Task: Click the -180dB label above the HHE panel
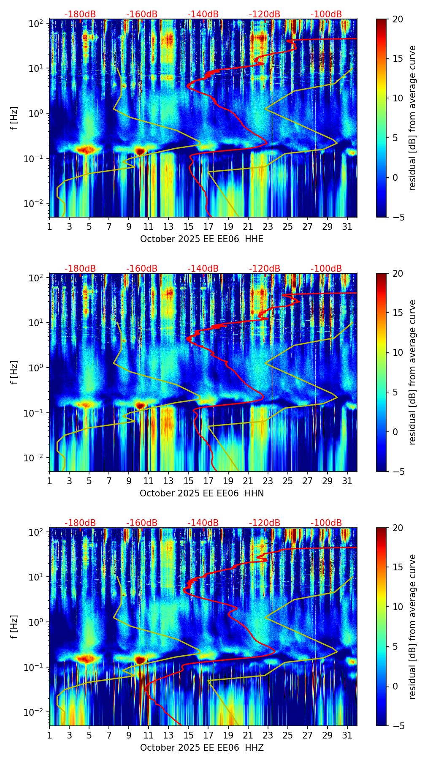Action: point(80,14)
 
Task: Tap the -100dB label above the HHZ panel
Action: point(326,523)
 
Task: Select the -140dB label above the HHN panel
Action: point(203,269)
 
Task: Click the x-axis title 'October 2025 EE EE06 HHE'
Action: point(201,239)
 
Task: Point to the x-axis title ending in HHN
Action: point(201,493)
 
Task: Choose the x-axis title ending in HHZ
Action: point(201,748)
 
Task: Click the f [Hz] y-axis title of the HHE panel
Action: point(14,118)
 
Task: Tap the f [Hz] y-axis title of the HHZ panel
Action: point(14,627)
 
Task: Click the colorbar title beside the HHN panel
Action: point(412,372)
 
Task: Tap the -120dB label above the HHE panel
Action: point(265,14)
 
